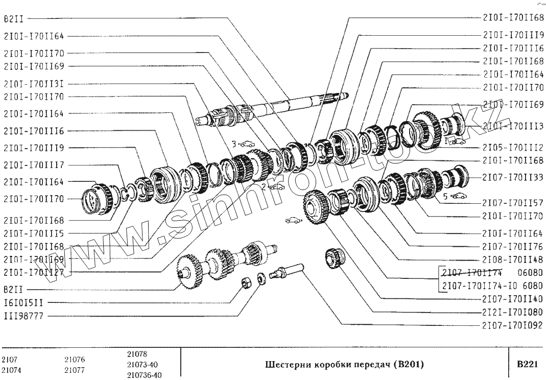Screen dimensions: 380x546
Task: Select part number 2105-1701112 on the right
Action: pos(512,148)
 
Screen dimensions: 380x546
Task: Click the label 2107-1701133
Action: pos(512,177)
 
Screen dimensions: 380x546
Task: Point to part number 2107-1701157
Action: pos(512,202)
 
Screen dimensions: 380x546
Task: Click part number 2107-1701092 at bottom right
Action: pos(512,325)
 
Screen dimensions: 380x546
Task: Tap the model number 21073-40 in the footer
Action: pos(143,365)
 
